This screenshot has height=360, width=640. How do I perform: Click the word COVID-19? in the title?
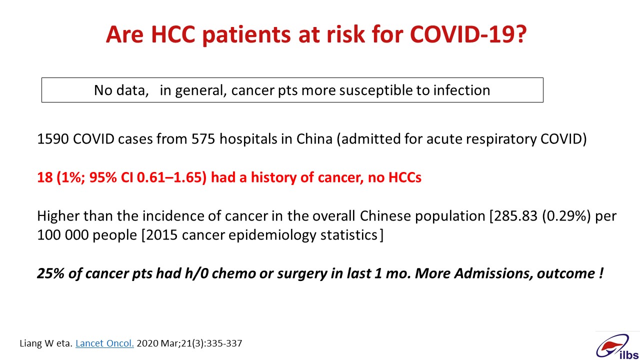(x=468, y=34)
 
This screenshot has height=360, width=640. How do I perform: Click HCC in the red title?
(x=173, y=34)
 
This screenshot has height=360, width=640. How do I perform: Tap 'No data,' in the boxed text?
(x=121, y=90)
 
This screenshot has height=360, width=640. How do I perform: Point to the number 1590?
(x=53, y=139)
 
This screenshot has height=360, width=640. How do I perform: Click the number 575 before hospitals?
(x=203, y=139)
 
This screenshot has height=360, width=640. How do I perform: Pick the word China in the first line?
(x=314, y=139)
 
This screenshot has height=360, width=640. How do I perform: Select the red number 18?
(x=45, y=177)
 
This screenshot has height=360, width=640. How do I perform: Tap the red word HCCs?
(x=405, y=177)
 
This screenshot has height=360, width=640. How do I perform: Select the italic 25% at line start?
(x=50, y=273)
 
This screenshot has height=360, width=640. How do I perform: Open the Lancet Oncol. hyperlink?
(x=104, y=343)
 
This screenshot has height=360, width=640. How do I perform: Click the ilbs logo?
(x=617, y=346)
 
